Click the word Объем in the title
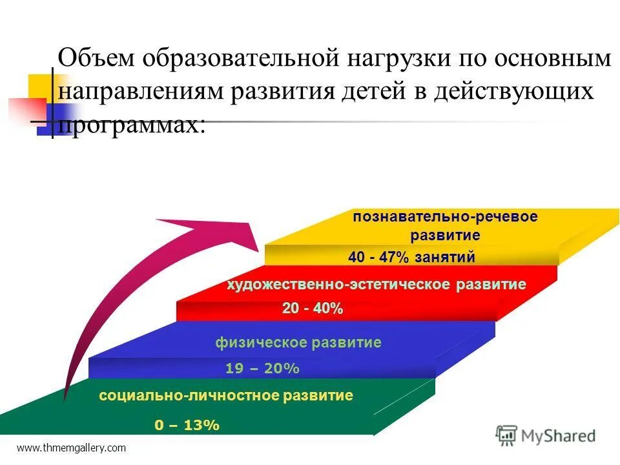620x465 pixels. tap(96, 59)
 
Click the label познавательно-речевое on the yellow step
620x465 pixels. tap(445, 217)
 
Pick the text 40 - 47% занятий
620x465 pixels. tap(411, 257)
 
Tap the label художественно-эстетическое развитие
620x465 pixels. tap(376, 285)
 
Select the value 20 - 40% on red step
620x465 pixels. tap(313, 309)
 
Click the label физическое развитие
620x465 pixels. tap(298, 343)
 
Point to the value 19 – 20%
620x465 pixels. tap(262, 369)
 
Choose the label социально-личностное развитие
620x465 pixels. tap(226, 396)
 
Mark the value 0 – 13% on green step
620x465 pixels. tap(187, 426)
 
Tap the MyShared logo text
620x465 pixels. tap(559, 436)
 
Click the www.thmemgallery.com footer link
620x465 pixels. tap(71, 448)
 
